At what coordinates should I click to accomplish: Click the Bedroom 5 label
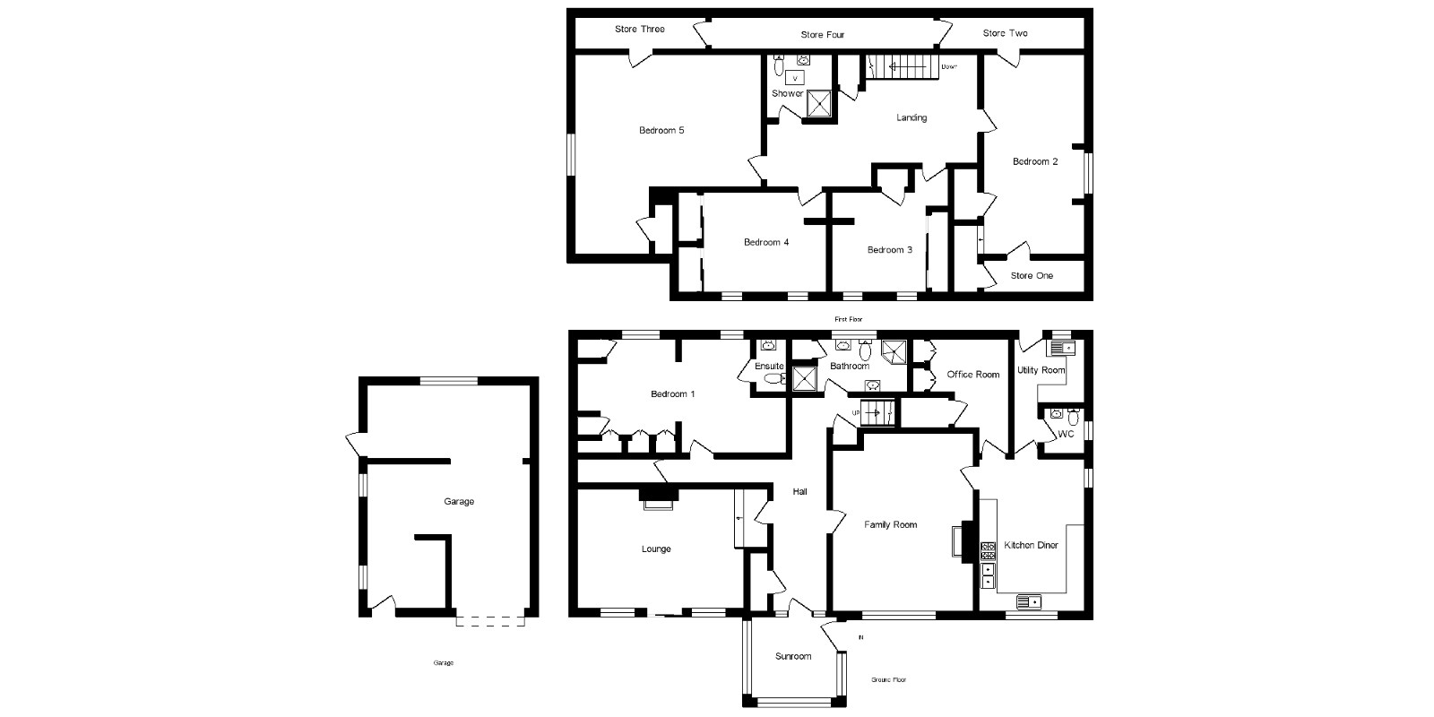(x=661, y=131)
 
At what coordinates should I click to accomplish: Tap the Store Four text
(x=822, y=35)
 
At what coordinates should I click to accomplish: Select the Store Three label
(x=639, y=30)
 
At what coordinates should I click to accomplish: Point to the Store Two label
(x=1005, y=33)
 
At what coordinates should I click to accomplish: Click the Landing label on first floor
(x=911, y=117)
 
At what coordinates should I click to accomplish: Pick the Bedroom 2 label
(x=1035, y=162)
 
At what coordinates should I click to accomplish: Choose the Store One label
(x=1032, y=276)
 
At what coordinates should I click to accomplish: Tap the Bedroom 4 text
(x=766, y=242)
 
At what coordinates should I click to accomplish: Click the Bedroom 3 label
(x=889, y=250)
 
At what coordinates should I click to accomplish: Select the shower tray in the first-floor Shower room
(x=819, y=104)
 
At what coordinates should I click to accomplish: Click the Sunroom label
(x=793, y=657)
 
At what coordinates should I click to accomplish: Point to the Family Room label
(x=890, y=525)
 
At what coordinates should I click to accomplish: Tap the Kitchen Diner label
(x=1031, y=545)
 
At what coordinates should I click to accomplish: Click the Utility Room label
(x=1041, y=370)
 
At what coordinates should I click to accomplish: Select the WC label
(x=1066, y=435)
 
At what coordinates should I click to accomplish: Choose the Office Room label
(x=972, y=375)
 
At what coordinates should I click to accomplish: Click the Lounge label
(x=656, y=549)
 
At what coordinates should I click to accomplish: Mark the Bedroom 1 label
(x=672, y=394)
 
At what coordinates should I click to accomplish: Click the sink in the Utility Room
(x=1063, y=348)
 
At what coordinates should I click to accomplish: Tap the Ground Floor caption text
(x=888, y=680)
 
